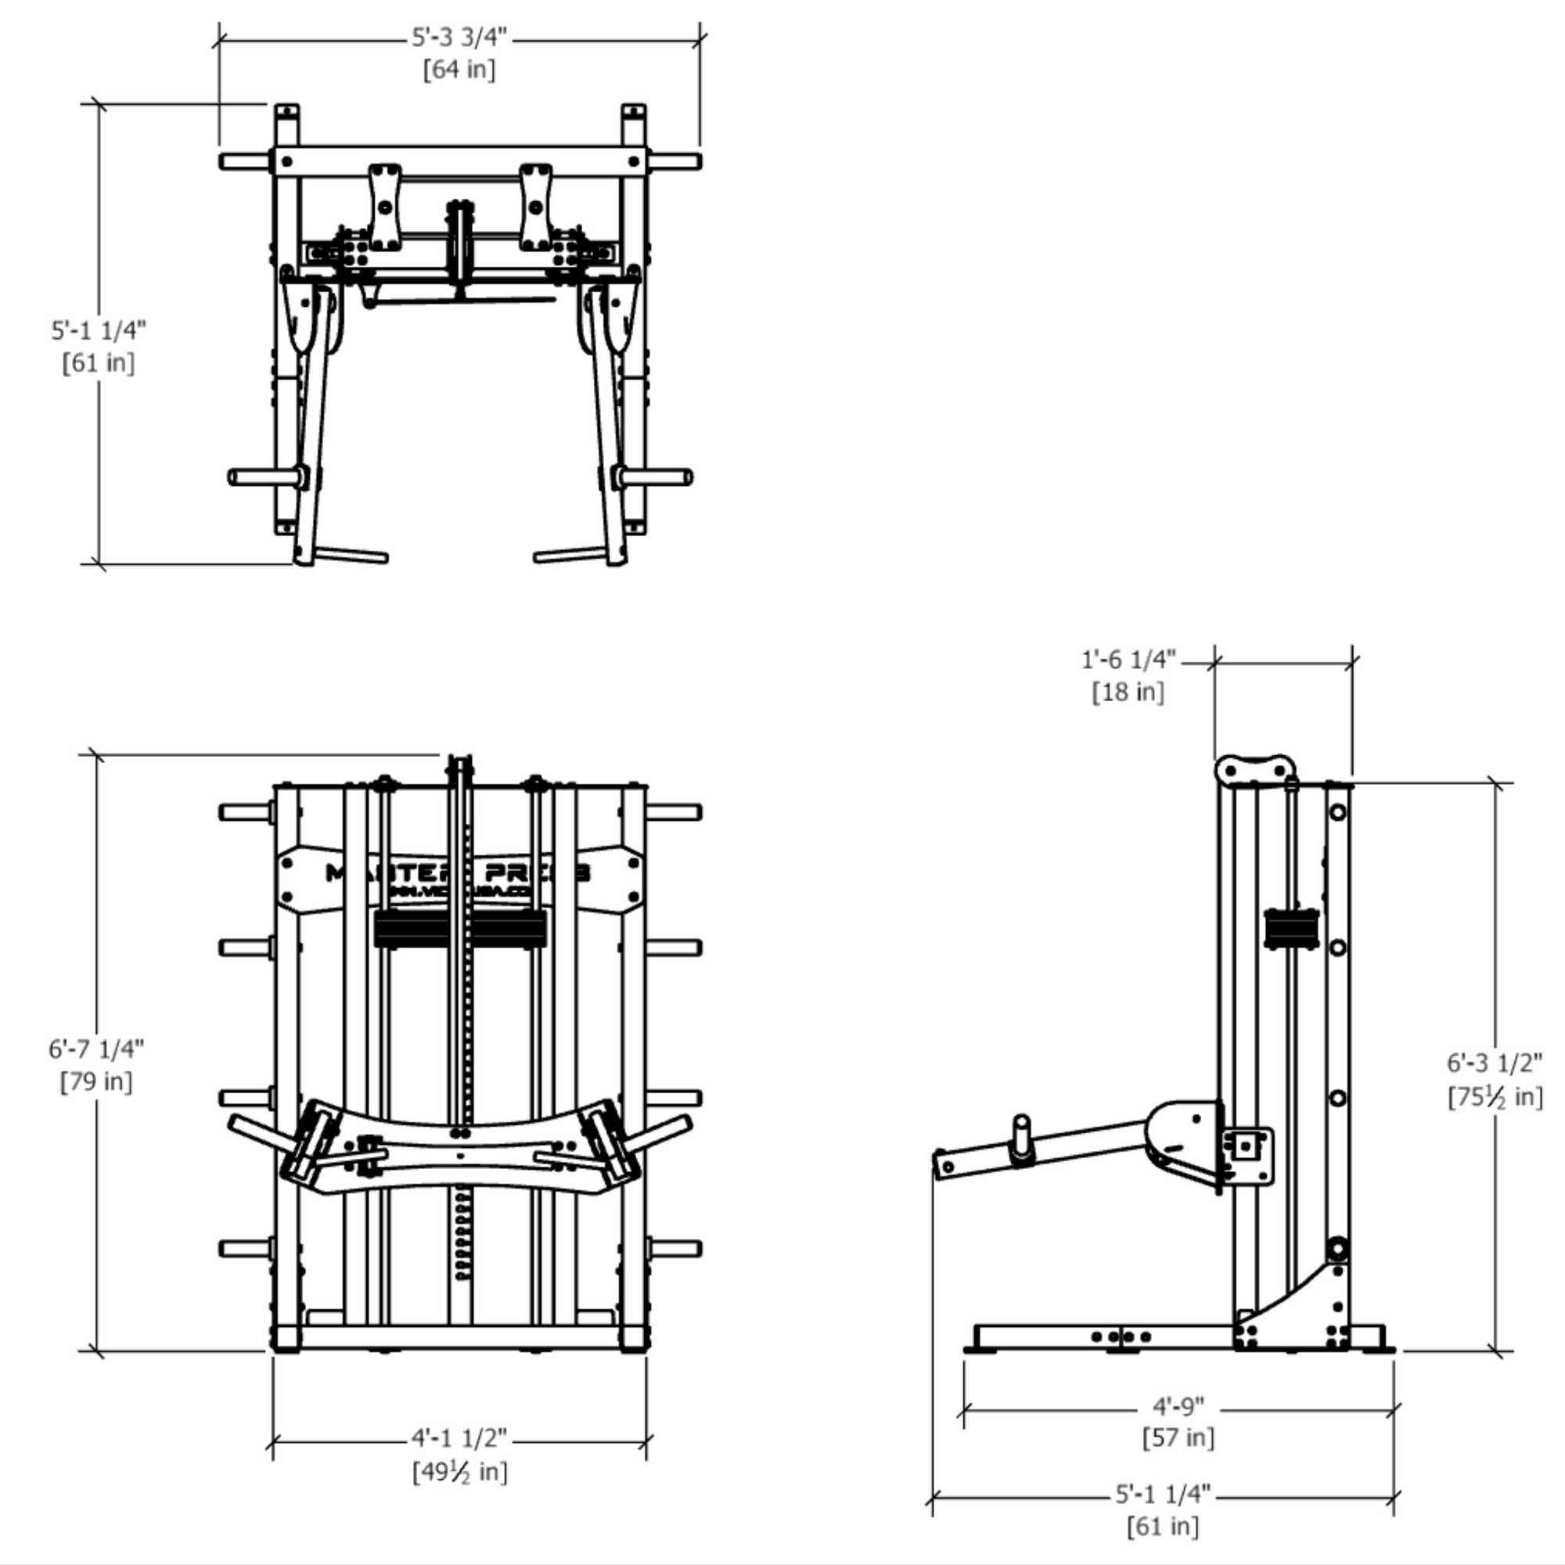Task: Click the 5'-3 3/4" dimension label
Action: (459, 38)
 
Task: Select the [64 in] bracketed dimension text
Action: (459, 70)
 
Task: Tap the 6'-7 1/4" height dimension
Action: (96, 1049)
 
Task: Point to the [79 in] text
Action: (96, 1081)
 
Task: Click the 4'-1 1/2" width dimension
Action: (459, 1439)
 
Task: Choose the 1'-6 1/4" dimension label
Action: (1128, 660)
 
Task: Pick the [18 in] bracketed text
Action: (1128, 693)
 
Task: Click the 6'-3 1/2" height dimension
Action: (1495, 1063)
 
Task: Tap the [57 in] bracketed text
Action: (1178, 1437)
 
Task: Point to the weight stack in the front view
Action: (459, 928)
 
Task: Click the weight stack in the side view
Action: (1291, 928)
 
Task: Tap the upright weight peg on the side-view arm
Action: (1022, 1139)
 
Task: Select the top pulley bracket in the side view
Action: (1255, 769)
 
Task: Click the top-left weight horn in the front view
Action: (246, 811)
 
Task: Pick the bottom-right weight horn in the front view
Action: (674, 1248)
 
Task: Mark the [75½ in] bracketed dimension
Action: (1495, 1098)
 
